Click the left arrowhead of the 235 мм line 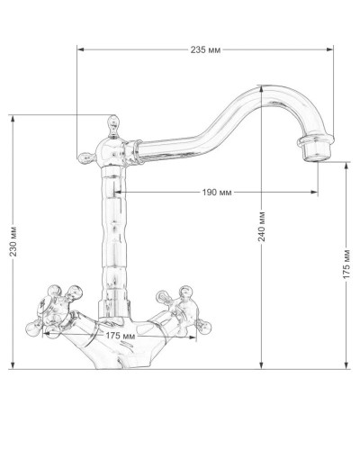79,49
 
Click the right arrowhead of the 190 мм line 317,193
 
